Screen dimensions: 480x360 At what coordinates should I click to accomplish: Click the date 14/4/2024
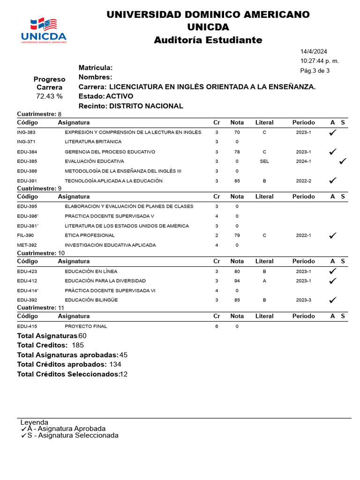tap(314, 52)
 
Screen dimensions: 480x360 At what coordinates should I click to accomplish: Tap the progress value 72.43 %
tap(49, 96)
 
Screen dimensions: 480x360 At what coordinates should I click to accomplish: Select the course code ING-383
tap(26, 133)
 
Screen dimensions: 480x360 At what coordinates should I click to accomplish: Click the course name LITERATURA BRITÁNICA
tap(93, 142)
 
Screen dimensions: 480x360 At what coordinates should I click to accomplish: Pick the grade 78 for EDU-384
tap(237, 152)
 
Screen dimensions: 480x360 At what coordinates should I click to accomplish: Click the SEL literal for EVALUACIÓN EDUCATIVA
tap(264, 161)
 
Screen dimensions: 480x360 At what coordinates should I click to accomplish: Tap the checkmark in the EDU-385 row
tap(343, 161)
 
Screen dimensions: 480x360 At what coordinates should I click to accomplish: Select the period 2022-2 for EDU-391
tap(303, 180)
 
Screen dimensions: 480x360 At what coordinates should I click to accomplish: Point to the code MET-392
tap(27, 245)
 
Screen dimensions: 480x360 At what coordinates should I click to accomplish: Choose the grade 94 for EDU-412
tap(237, 281)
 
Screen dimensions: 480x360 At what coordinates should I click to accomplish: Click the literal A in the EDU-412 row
tap(264, 281)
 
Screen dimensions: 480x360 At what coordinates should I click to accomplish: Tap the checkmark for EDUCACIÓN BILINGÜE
tap(333, 300)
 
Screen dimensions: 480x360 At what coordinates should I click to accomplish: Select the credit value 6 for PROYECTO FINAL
tap(217, 326)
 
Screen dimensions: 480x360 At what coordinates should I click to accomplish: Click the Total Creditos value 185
tap(78, 345)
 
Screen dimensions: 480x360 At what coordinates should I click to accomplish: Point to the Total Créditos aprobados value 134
tap(115, 364)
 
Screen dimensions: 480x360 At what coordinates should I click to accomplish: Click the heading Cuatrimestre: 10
tap(41, 253)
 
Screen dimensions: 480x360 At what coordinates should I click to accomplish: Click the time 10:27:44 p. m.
tap(319, 61)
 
